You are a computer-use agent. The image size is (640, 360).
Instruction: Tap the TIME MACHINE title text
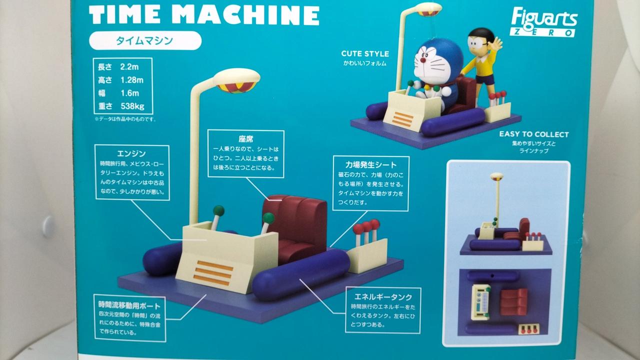(x=204, y=15)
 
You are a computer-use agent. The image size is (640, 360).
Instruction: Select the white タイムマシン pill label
(x=145, y=40)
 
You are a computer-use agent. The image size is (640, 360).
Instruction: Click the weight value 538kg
(x=132, y=106)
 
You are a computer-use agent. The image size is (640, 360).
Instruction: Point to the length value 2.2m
(x=129, y=67)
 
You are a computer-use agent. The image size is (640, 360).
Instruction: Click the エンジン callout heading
(x=131, y=153)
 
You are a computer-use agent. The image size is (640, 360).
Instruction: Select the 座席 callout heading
(x=245, y=139)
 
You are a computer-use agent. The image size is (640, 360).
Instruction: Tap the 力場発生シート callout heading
(x=371, y=165)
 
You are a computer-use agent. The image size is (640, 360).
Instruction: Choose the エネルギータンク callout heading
(x=383, y=297)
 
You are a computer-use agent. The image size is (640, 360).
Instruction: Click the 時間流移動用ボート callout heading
(x=129, y=305)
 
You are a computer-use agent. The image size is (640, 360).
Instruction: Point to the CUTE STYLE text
(x=365, y=53)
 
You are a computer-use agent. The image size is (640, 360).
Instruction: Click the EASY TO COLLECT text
(x=533, y=134)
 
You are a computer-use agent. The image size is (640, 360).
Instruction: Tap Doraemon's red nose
(x=422, y=60)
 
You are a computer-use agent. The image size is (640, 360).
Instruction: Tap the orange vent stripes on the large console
(x=213, y=273)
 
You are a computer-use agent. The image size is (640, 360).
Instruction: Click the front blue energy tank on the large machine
(x=301, y=274)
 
